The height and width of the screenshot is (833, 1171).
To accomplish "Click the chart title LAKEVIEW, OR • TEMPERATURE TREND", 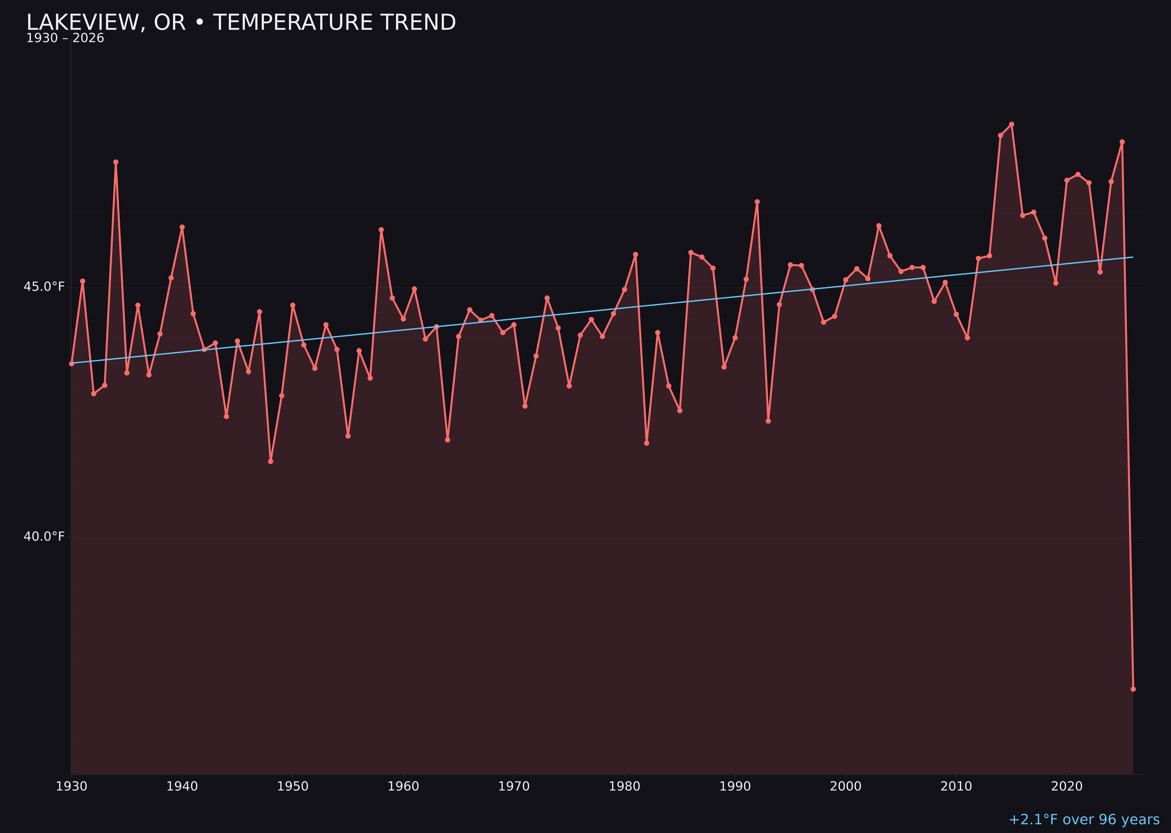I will pos(241,23).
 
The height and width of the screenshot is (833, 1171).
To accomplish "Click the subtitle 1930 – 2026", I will pos(65,38).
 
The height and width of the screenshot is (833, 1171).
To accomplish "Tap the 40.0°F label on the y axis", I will pos(44,537).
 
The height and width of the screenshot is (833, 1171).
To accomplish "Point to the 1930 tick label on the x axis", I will pos(71,786).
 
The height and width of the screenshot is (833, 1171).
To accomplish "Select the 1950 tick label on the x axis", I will pos(293,786).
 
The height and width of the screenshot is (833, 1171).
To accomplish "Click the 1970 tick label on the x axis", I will pos(514,786).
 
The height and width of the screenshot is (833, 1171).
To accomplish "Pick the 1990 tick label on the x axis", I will pos(735,786).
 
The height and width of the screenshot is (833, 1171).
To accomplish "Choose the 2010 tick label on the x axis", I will pos(956,786).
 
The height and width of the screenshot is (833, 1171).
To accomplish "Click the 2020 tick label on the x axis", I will pos(1067,786).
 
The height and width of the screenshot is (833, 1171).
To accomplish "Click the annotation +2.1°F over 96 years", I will pos(1084,820).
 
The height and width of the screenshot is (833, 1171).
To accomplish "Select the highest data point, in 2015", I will pos(1011,124).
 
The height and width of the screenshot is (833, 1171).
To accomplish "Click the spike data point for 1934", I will pos(116,162).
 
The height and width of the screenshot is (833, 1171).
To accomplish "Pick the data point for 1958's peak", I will pos(381,230).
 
